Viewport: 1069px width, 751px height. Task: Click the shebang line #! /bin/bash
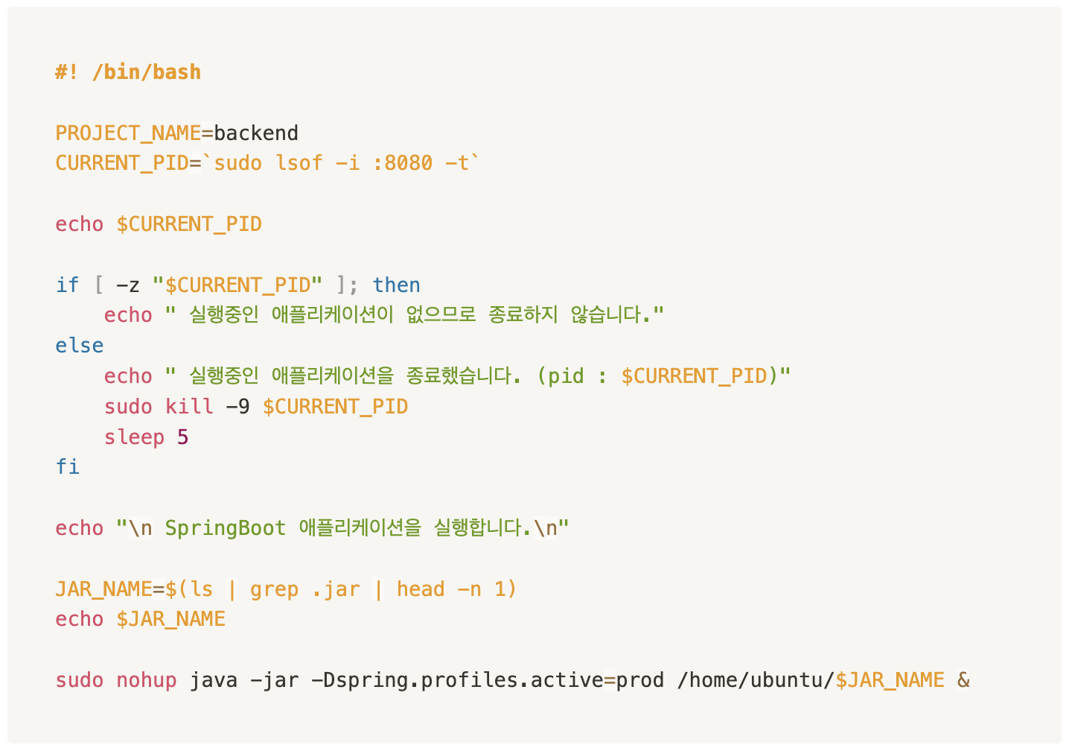point(128,72)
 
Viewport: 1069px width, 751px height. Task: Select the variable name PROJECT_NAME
point(128,133)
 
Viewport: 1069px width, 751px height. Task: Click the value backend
point(256,133)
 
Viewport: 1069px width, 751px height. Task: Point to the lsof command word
point(299,163)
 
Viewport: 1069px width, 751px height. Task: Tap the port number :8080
point(402,163)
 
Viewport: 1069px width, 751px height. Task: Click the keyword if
point(67,285)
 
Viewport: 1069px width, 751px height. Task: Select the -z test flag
point(128,285)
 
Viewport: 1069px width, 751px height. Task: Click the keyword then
point(396,285)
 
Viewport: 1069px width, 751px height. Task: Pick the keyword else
point(79,346)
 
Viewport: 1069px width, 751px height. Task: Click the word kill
point(189,407)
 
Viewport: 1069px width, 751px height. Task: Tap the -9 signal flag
point(237,407)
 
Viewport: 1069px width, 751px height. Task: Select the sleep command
point(134,437)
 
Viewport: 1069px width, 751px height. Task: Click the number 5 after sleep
point(183,437)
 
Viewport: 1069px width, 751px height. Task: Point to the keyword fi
point(67,467)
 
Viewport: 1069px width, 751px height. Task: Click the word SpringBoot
point(225,528)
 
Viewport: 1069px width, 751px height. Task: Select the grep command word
point(274,589)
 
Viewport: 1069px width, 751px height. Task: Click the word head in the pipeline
point(420,589)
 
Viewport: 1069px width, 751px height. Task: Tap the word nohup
point(146,680)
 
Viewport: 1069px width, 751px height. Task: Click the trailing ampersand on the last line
point(963,680)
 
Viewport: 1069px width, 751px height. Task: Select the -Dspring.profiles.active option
point(456,680)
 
